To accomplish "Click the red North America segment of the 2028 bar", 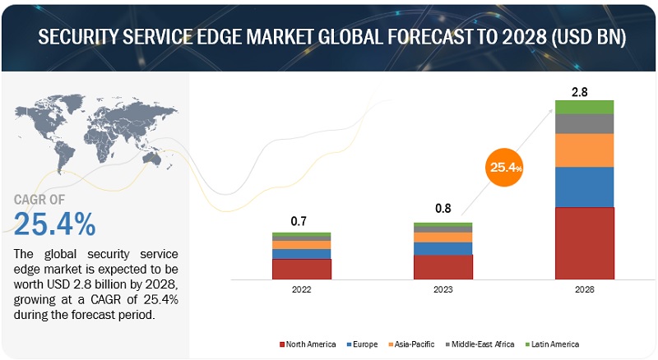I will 585,243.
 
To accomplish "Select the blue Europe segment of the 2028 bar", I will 585,187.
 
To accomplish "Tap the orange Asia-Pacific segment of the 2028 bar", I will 585,150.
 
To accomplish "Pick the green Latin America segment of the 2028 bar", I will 585,106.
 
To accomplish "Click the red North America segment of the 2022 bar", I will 301,269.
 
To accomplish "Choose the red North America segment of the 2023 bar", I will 443,267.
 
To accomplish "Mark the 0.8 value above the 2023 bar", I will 443,210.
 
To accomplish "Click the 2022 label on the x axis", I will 301,289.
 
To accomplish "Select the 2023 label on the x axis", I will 443,289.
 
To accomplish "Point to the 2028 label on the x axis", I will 585,289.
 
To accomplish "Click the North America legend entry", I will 308,344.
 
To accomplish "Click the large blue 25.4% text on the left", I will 54,223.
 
